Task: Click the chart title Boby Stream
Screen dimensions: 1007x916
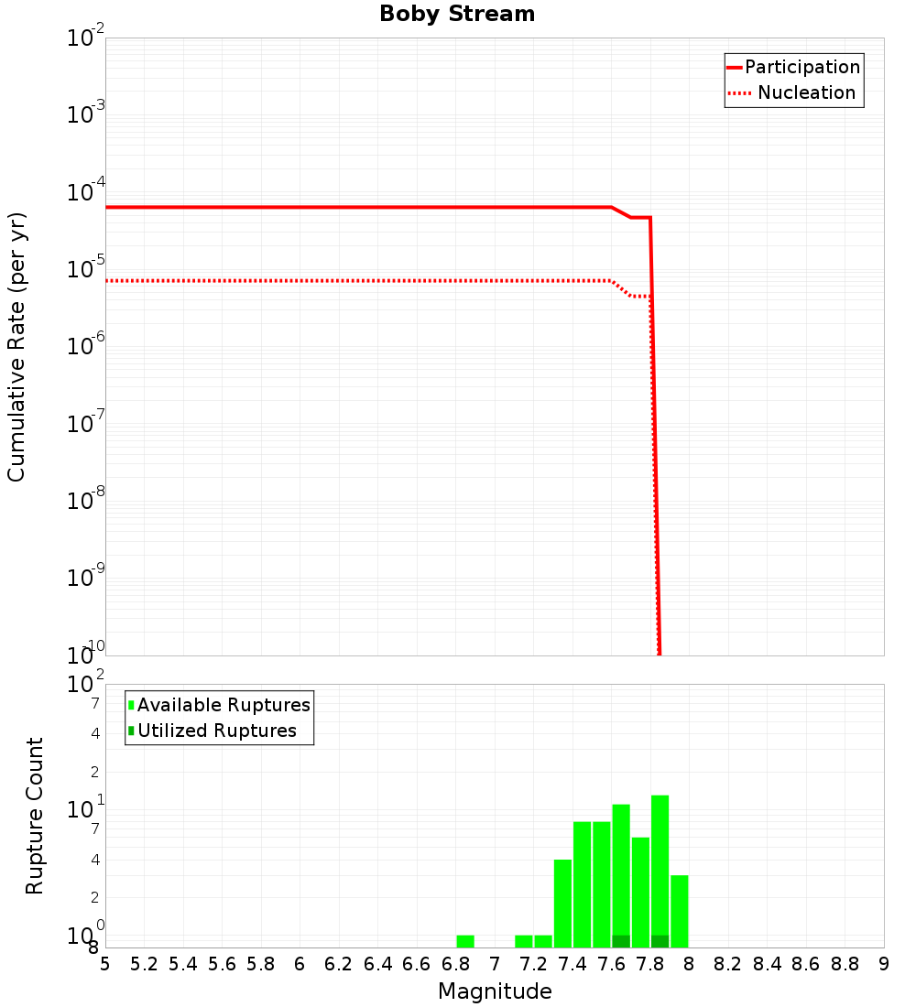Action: click(x=457, y=14)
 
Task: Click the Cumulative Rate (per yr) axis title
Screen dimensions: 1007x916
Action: click(x=16, y=346)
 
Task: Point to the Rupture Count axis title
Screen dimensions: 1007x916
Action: click(x=35, y=816)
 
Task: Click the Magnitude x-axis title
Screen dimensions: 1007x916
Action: click(x=495, y=991)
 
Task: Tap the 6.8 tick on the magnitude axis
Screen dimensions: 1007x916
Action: click(x=455, y=963)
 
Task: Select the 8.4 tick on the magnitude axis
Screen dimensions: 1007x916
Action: click(x=767, y=963)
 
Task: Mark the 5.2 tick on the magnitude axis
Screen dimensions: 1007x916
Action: click(x=144, y=963)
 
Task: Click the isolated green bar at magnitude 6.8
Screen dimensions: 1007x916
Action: click(x=465, y=941)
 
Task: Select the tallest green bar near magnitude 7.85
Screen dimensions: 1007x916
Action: click(x=660, y=865)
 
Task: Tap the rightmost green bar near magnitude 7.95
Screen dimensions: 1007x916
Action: click(x=679, y=911)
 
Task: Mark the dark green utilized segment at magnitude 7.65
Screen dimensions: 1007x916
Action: click(x=621, y=941)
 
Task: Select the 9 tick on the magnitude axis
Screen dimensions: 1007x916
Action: click(x=884, y=963)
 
